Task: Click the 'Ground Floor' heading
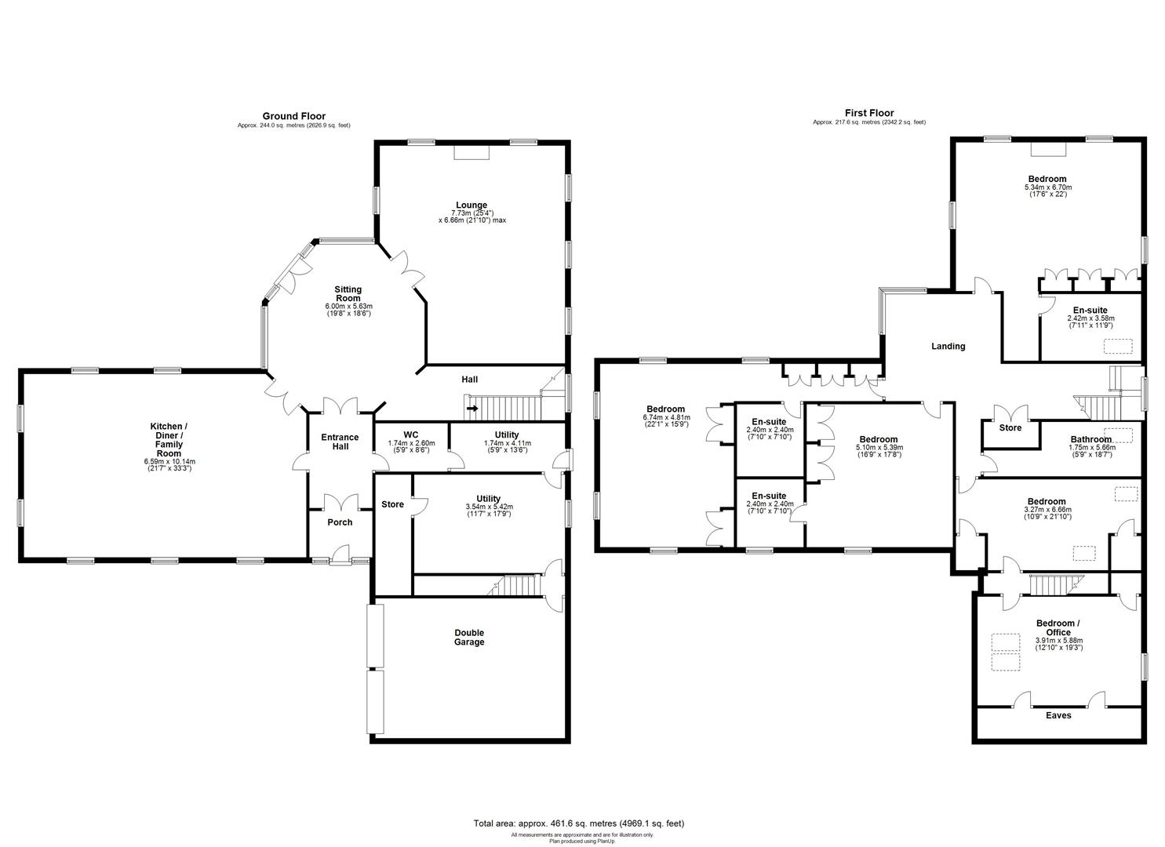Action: coord(293,116)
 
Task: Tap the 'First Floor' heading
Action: coord(868,113)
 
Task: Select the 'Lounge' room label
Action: coord(471,205)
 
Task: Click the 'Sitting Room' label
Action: coord(348,294)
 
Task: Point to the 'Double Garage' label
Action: coord(469,638)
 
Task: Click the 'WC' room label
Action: coord(411,434)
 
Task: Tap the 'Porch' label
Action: coord(339,522)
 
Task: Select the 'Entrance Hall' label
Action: coord(340,442)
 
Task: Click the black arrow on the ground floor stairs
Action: coord(472,408)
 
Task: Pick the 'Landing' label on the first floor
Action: coord(948,346)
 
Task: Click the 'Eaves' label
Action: coord(1058,715)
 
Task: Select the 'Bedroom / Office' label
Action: coord(1058,628)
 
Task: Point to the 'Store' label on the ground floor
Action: coord(392,504)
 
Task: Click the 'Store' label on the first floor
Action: coord(1010,428)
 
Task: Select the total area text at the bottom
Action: coord(578,823)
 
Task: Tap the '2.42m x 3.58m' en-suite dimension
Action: coord(1090,318)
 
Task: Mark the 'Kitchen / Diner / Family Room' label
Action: coord(168,440)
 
